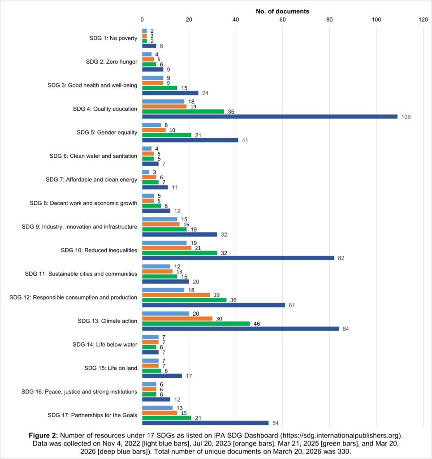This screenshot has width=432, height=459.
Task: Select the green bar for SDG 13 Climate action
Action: pyautogui.click(x=196, y=323)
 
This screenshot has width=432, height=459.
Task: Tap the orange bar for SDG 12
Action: pyautogui.click(x=176, y=295)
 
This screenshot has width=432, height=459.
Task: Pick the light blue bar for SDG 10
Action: pyautogui.click(x=164, y=242)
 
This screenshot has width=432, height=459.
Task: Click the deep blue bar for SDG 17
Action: pyautogui.click(x=205, y=423)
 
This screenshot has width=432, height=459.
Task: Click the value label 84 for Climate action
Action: pyautogui.click(x=345, y=329)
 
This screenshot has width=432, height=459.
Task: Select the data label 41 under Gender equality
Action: pyautogui.click(x=245, y=140)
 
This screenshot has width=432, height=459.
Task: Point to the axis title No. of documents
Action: pyautogui.click(x=282, y=11)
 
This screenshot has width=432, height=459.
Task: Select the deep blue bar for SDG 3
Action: pyautogui.click(x=170, y=93)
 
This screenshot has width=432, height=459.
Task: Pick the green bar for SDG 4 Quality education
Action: pyautogui.click(x=183, y=111)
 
